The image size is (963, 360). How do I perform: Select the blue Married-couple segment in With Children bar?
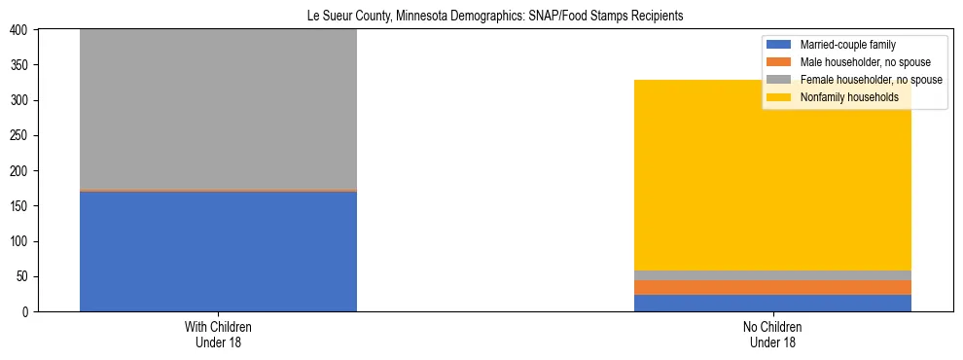tap(218, 251)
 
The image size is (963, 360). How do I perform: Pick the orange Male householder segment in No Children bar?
tap(772, 287)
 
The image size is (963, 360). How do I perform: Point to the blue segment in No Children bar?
tap(772, 303)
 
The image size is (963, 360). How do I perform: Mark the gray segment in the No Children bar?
tap(772, 275)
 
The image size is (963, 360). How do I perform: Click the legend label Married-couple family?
tap(847, 45)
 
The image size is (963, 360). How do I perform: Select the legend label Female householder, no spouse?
tap(871, 80)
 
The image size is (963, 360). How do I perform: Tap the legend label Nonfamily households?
tap(848, 97)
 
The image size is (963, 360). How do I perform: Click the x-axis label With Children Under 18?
tap(218, 334)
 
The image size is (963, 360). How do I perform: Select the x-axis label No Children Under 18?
tap(772, 334)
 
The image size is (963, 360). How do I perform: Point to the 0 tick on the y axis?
tap(26, 311)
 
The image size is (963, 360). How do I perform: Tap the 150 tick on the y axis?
tap(20, 206)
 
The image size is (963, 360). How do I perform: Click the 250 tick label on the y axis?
tap(20, 135)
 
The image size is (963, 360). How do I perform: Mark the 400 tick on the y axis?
tap(20, 30)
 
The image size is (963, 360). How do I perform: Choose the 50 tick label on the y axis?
tap(23, 276)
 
